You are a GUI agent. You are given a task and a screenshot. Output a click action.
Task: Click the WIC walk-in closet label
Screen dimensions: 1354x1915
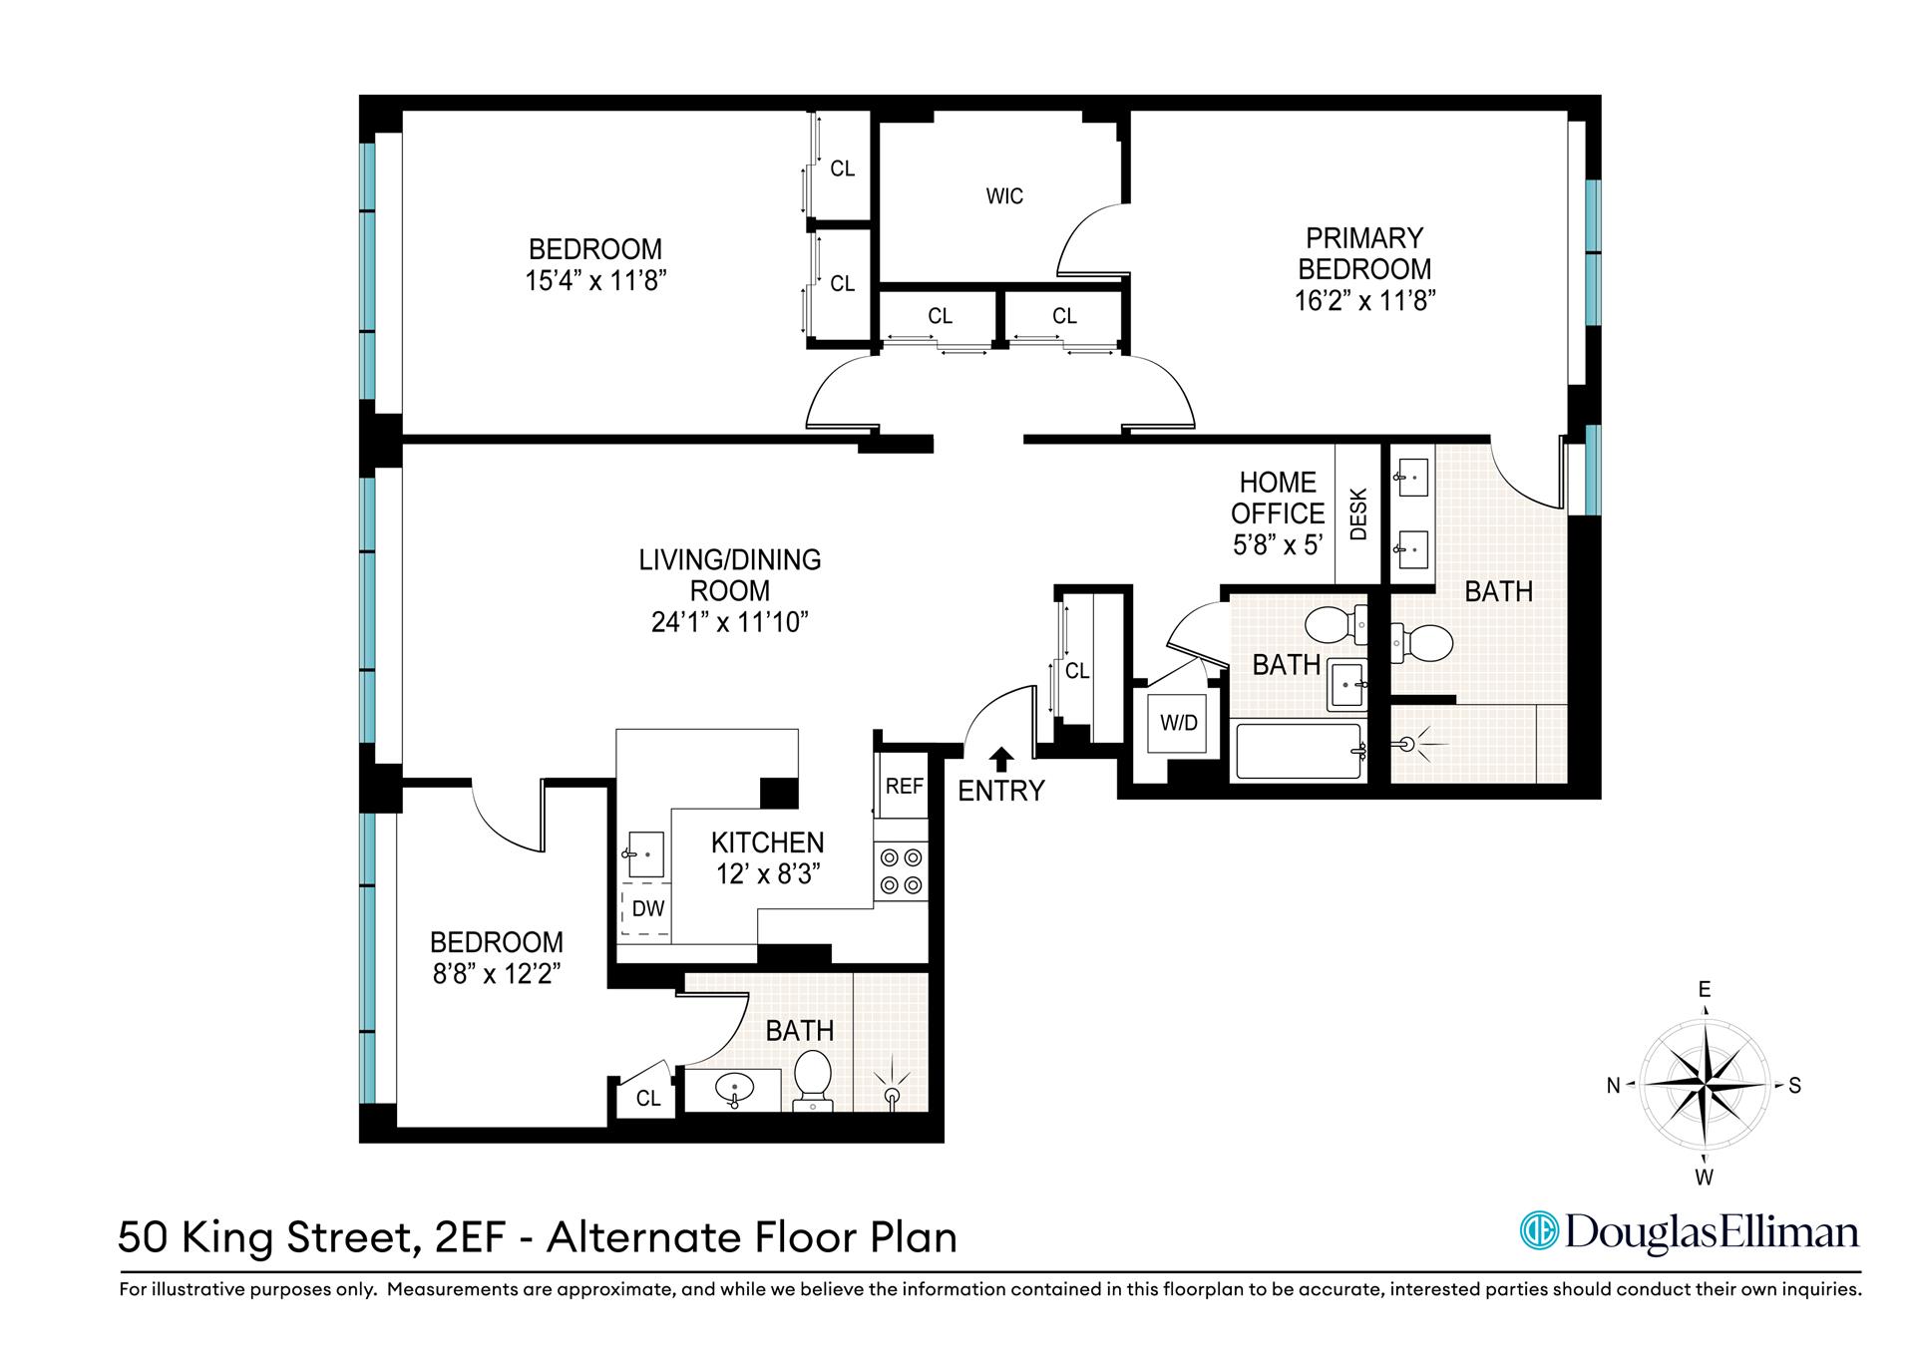point(1004,196)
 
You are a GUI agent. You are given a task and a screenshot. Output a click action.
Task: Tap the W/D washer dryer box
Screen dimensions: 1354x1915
point(1178,722)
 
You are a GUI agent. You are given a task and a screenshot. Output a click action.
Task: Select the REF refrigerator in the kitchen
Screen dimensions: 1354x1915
point(904,786)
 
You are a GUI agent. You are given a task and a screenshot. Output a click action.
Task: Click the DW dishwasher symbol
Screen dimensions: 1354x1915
point(647,909)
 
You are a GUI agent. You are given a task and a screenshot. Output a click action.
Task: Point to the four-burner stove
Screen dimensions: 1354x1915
point(903,871)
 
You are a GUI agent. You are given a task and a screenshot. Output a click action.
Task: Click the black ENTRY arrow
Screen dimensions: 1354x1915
point(1001,760)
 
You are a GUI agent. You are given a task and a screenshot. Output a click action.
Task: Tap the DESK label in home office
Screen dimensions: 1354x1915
point(1357,513)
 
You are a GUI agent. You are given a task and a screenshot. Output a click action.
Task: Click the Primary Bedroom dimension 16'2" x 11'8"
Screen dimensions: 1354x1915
point(1363,300)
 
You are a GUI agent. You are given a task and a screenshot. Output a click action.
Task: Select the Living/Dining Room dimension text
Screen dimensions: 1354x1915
point(729,622)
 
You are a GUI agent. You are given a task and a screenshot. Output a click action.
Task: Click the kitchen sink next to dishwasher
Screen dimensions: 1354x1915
point(644,854)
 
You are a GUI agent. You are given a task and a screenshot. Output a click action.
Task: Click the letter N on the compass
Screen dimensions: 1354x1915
point(1613,1087)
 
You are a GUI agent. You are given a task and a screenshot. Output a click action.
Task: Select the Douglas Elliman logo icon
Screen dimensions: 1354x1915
point(1537,1230)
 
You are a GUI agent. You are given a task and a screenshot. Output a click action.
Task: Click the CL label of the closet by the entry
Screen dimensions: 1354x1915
point(1076,671)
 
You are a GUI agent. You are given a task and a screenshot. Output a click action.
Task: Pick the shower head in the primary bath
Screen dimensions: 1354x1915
point(1408,744)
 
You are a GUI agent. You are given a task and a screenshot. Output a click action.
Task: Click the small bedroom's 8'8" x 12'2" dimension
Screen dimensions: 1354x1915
point(496,973)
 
